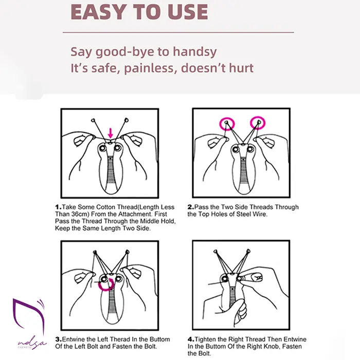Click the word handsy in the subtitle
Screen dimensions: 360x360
[195, 52]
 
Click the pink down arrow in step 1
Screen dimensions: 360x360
[111, 133]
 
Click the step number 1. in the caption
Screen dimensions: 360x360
[58, 207]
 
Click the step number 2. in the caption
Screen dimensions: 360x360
[191, 207]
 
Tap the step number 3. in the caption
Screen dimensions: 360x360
[59, 339]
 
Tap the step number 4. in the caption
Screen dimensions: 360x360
[191, 339]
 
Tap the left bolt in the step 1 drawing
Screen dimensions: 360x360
[102, 148]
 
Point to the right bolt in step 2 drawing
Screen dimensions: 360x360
[250, 150]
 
